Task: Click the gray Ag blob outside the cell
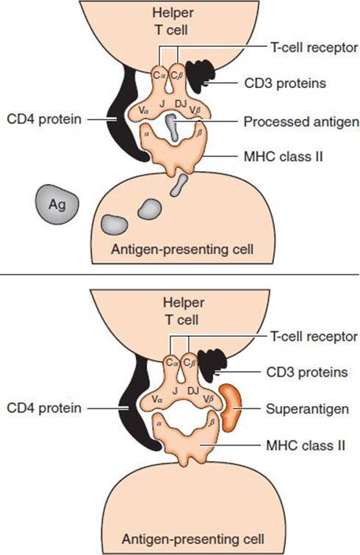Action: [57, 204]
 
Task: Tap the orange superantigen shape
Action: [230, 407]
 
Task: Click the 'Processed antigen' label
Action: [301, 122]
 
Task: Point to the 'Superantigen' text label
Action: [307, 409]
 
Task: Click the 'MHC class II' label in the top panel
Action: [284, 156]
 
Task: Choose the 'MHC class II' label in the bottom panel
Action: [306, 446]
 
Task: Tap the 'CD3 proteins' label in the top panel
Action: [285, 84]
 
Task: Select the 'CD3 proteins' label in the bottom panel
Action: [307, 372]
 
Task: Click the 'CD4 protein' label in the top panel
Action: [44, 119]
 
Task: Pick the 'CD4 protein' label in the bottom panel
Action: [44, 408]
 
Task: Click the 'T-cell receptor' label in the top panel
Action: [314, 47]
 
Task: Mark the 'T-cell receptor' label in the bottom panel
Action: [314, 336]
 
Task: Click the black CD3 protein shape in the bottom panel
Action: [212, 366]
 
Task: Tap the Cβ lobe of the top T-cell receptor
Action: [176, 75]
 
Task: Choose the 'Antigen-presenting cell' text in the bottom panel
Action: [193, 539]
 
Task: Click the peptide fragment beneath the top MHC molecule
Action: [179, 185]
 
